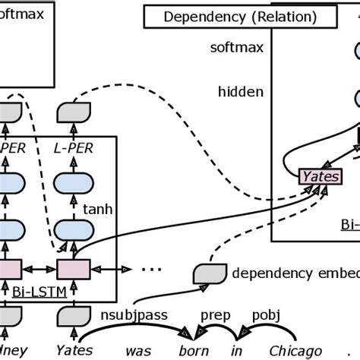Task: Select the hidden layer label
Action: click(x=240, y=92)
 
